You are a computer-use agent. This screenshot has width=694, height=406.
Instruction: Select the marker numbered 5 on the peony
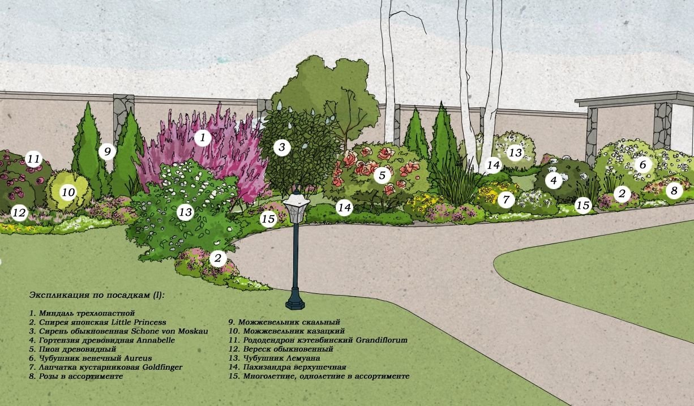[x=382, y=175]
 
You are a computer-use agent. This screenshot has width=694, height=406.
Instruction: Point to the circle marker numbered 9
[x=106, y=152]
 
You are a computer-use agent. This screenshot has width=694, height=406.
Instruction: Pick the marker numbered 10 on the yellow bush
[x=68, y=193]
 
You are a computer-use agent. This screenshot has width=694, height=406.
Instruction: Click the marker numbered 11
[x=33, y=159]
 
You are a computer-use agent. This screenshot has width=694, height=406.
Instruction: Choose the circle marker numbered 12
[x=19, y=213]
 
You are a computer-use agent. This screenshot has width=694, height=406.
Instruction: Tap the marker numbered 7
[x=506, y=199]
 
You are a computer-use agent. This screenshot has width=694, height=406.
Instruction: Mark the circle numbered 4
[x=554, y=181]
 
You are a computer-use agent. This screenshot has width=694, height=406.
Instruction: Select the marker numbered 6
[x=642, y=165]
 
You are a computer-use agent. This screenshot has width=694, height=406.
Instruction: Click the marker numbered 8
[x=674, y=190]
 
